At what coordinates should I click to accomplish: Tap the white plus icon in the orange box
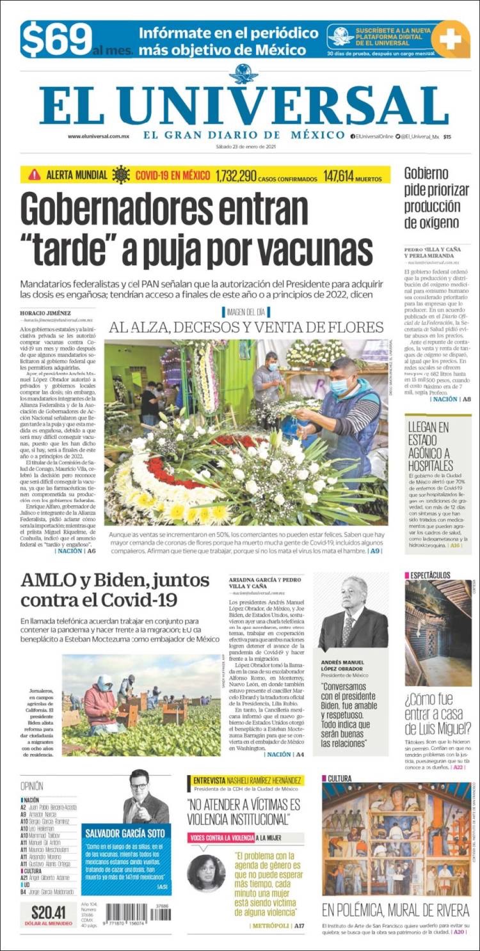point(451,39)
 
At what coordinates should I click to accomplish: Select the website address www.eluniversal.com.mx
point(99,136)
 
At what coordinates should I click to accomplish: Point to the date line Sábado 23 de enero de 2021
point(245,146)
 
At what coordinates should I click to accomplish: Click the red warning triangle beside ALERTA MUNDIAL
point(34,175)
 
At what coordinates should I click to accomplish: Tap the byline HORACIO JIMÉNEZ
point(46,312)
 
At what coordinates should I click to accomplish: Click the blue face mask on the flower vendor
point(339,386)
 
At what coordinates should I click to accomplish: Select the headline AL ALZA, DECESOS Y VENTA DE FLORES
point(246,327)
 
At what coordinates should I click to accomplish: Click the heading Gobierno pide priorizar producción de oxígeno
point(432,197)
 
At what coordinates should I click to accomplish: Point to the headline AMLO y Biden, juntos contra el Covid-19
point(115,590)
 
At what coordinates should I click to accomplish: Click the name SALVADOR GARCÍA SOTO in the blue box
point(126,833)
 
